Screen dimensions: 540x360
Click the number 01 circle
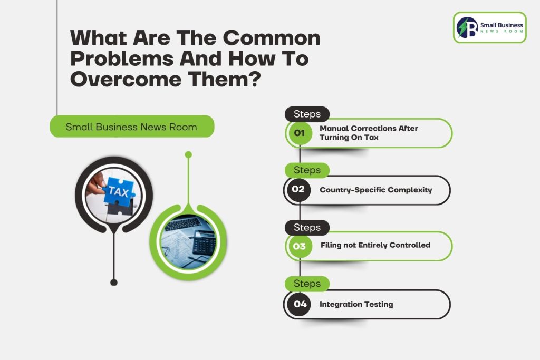[x=299, y=133]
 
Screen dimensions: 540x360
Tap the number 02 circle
[x=298, y=189]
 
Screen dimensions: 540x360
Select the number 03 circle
[x=299, y=246]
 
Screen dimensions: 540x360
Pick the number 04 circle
[x=300, y=304]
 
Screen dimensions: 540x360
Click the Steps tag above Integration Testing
[x=307, y=284]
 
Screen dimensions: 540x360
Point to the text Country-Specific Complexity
[x=375, y=190]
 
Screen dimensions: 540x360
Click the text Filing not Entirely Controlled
[x=375, y=245]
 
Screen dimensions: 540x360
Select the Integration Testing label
[x=356, y=304]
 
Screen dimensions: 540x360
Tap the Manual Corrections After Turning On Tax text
[x=369, y=133]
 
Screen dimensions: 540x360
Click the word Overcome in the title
[x=126, y=79]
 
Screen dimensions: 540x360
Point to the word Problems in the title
[x=122, y=58]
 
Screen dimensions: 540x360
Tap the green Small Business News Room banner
[x=132, y=127]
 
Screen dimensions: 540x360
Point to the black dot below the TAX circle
[x=114, y=282]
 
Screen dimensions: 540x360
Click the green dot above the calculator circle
[x=188, y=155]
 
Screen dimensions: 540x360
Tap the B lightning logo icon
[x=467, y=27]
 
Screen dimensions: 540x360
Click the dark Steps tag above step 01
[x=307, y=114]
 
